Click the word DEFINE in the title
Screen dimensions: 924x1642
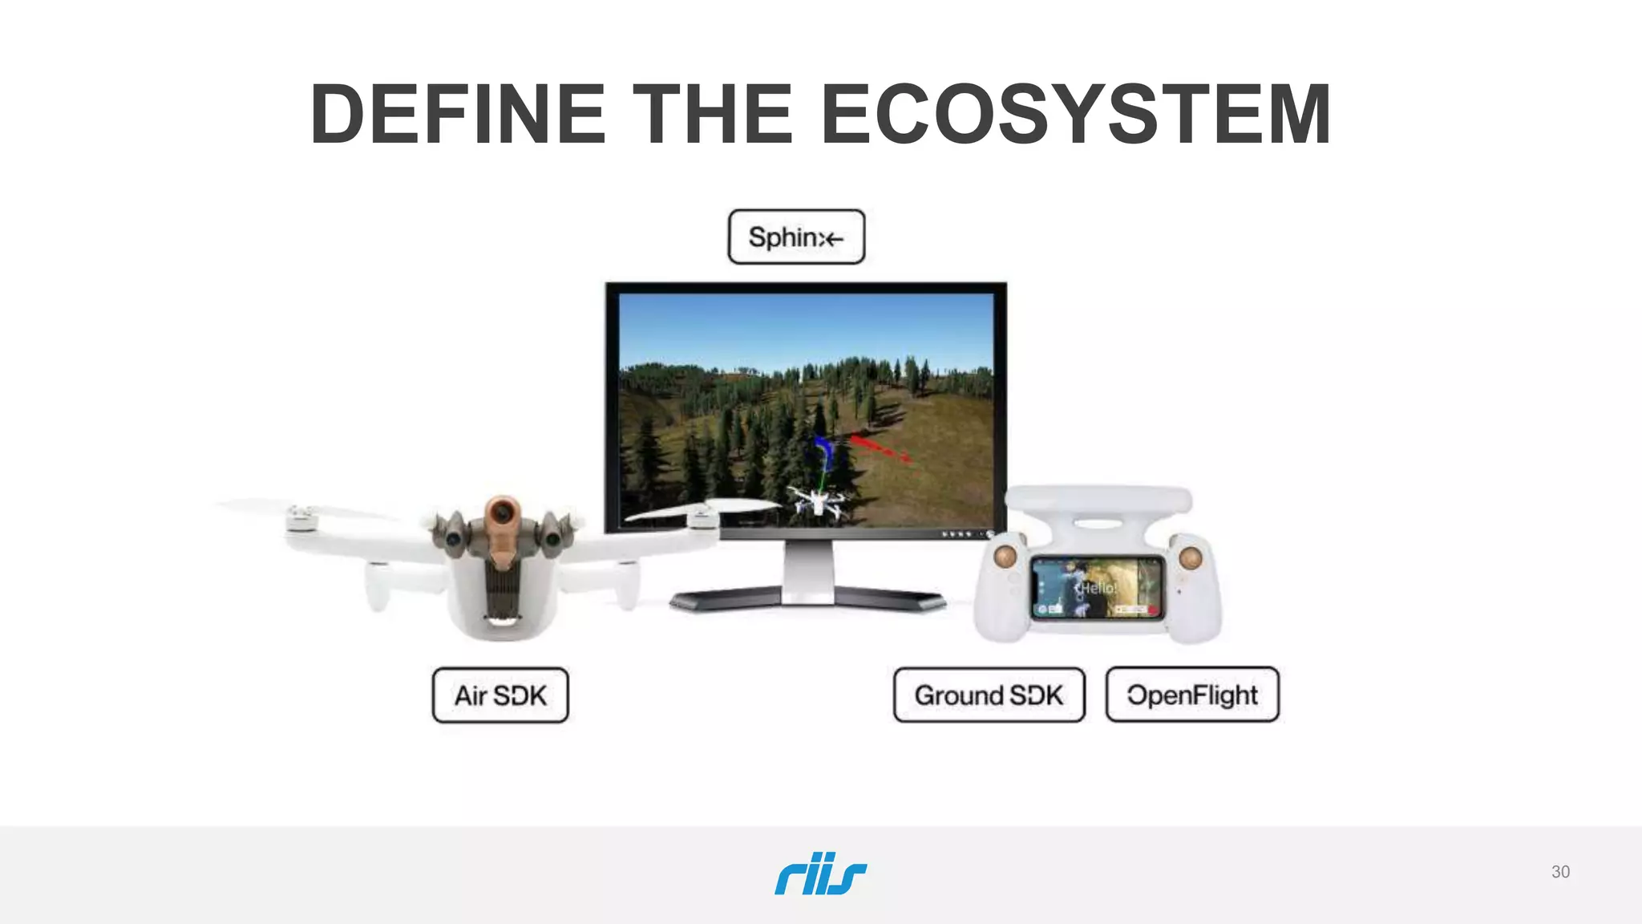point(458,114)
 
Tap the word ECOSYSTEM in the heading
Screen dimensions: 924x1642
point(1076,114)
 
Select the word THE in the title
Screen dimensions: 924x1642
point(713,114)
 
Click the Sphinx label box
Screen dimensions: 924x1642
point(796,237)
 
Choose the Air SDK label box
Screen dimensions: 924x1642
point(500,695)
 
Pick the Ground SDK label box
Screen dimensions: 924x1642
point(989,695)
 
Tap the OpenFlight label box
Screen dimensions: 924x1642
point(1192,695)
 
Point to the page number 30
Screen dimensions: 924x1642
point(1560,872)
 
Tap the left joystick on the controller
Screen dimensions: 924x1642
point(1005,555)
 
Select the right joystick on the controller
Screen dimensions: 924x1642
point(1190,557)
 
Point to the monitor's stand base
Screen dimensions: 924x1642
point(807,598)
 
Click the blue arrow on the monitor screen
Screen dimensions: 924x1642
point(822,451)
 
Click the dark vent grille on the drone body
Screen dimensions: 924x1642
point(502,590)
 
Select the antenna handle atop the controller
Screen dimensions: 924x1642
point(1098,501)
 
